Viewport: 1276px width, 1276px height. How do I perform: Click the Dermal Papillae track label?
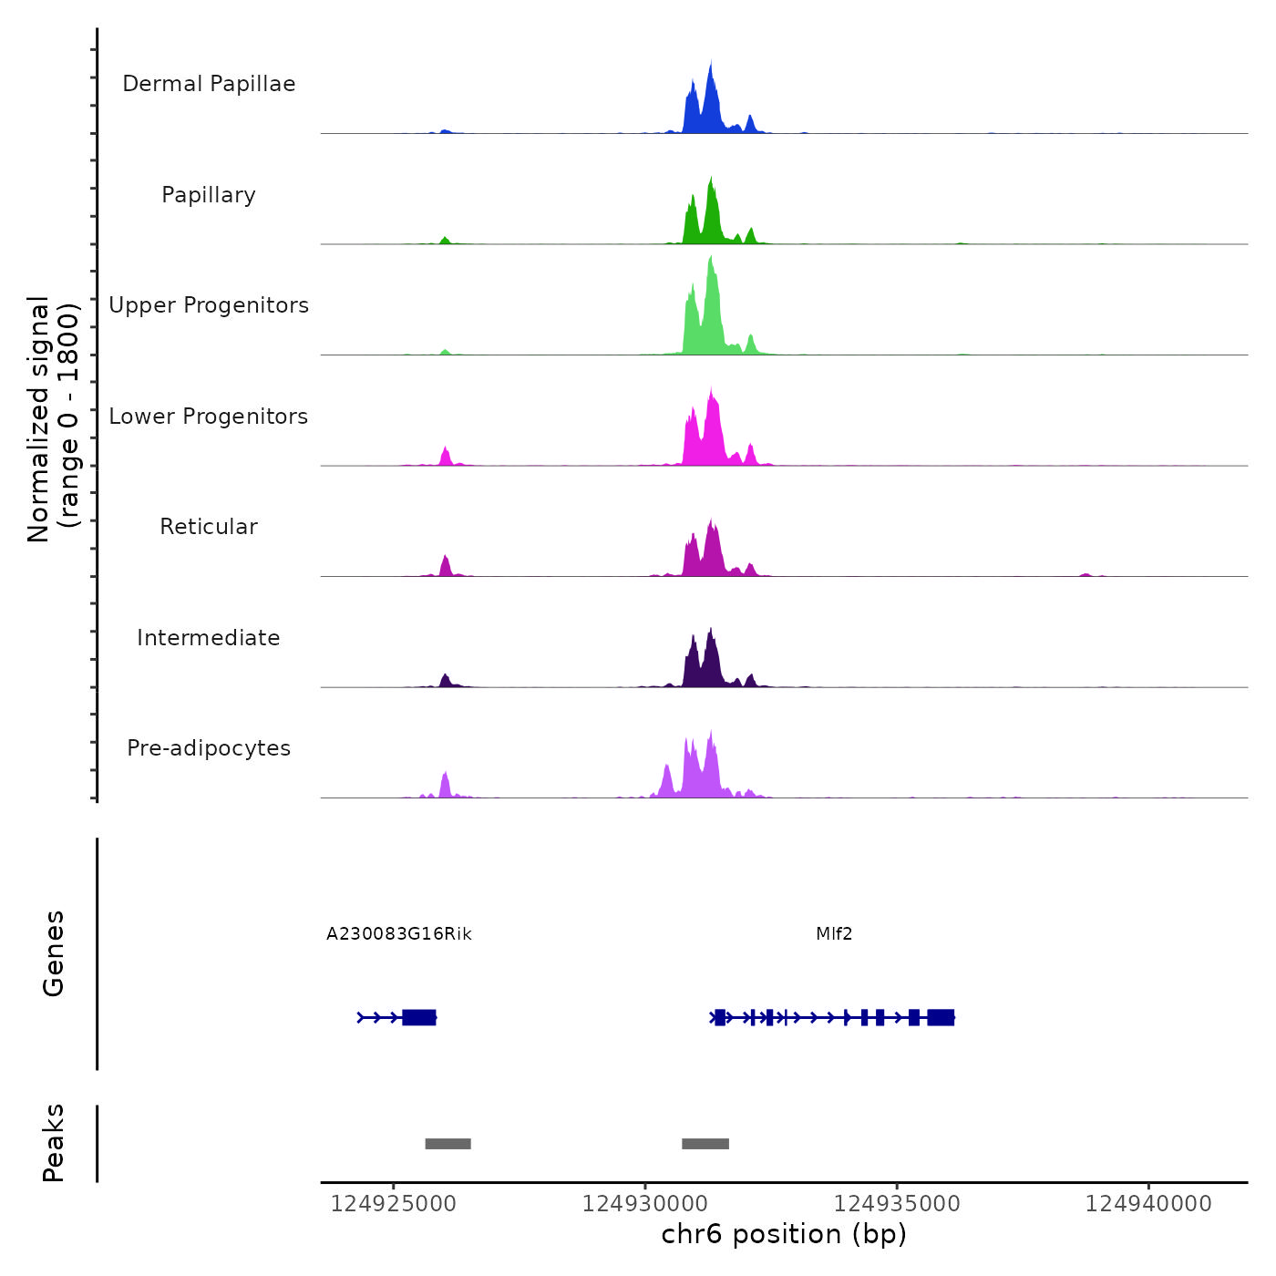(209, 84)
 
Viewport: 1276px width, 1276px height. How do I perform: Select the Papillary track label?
(209, 195)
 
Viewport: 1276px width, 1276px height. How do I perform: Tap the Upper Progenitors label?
(209, 305)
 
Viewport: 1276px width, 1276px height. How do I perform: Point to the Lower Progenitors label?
(209, 417)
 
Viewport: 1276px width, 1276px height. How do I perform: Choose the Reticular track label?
(209, 527)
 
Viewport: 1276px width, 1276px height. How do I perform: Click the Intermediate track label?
(209, 638)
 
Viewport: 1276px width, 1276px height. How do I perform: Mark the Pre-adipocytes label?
(209, 748)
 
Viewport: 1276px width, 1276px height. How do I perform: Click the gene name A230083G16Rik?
(399, 933)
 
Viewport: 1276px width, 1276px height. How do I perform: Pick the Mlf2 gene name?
(834, 933)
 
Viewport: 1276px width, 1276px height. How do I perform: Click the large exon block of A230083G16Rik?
(419, 1017)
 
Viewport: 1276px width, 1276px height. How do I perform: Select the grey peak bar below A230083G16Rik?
(448, 1144)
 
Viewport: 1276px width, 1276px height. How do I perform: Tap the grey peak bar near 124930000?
(705, 1144)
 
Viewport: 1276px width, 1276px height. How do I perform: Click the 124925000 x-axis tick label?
(393, 1204)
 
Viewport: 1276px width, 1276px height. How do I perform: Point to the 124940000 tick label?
(1148, 1204)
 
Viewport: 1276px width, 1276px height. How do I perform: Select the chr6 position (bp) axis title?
(784, 1234)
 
